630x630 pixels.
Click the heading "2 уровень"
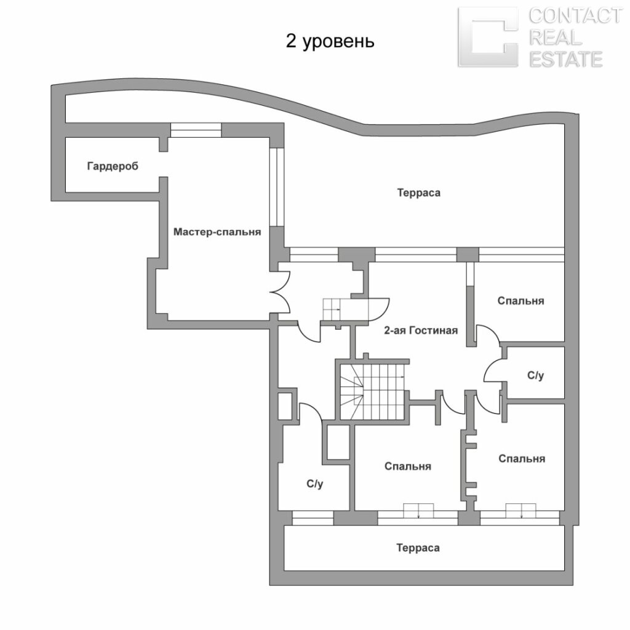point(330,41)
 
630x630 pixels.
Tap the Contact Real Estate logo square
point(488,37)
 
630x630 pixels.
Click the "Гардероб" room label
point(113,166)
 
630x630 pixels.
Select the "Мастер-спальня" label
point(217,232)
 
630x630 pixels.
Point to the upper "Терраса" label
point(418,193)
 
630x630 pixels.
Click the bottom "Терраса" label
point(418,548)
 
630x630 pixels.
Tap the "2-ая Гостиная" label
point(421,330)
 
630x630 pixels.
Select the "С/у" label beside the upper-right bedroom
point(536,375)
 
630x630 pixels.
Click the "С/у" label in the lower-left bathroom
point(314,484)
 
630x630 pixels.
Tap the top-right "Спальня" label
point(520,301)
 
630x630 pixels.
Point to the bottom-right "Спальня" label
point(522,459)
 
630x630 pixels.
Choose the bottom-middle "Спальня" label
point(407,466)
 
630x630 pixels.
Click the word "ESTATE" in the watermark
point(566,60)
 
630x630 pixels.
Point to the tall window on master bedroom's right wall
point(277,187)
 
